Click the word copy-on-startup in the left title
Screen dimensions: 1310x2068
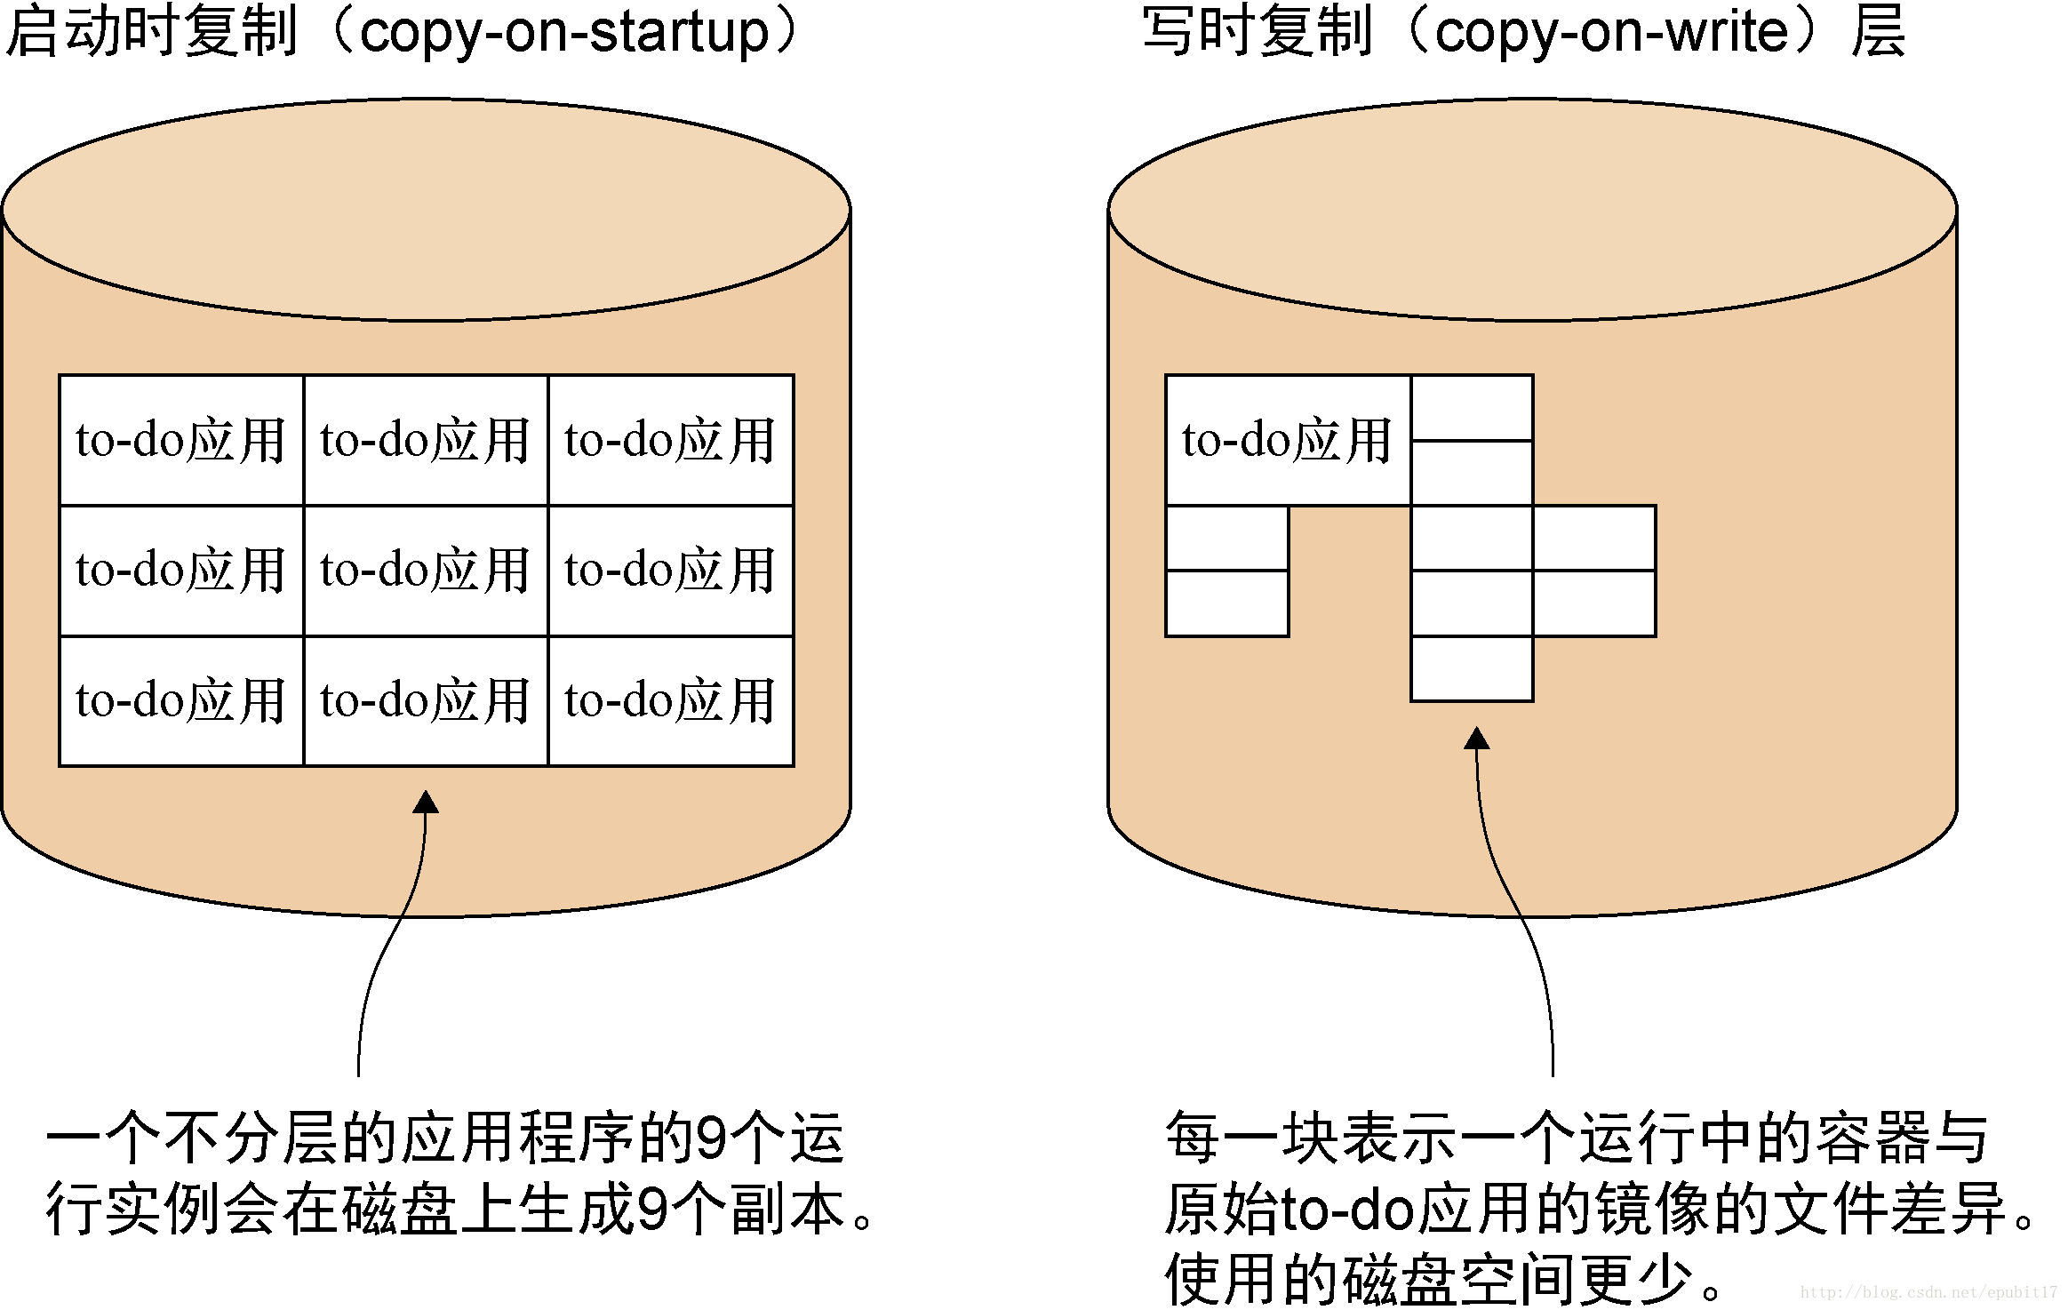click(x=563, y=34)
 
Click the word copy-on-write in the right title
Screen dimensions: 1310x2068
click(x=1610, y=34)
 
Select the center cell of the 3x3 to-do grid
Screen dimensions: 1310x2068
click(x=426, y=571)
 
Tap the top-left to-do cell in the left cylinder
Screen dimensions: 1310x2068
click(x=181, y=440)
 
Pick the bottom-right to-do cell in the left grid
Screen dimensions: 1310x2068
click(x=671, y=701)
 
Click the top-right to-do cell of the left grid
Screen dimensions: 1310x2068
click(x=671, y=440)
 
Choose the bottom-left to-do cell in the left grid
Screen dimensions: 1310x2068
click(x=181, y=701)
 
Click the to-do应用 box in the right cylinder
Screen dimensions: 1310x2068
click(x=1287, y=440)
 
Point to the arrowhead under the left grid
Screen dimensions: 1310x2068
click(x=426, y=803)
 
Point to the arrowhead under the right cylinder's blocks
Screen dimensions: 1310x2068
click(x=1476, y=739)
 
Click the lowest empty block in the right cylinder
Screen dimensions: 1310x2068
click(x=1472, y=669)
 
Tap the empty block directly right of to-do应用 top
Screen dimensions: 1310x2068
click(x=1472, y=408)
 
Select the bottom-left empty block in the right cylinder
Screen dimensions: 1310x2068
click(x=1226, y=603)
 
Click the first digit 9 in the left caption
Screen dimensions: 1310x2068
click(x=713, y=1138)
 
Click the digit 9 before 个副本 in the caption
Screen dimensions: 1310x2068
click(x=653, y=1210)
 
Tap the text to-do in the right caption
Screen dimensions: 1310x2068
click(x=1346, y=1210)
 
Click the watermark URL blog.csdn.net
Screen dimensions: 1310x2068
click(x=1928, y=1292)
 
